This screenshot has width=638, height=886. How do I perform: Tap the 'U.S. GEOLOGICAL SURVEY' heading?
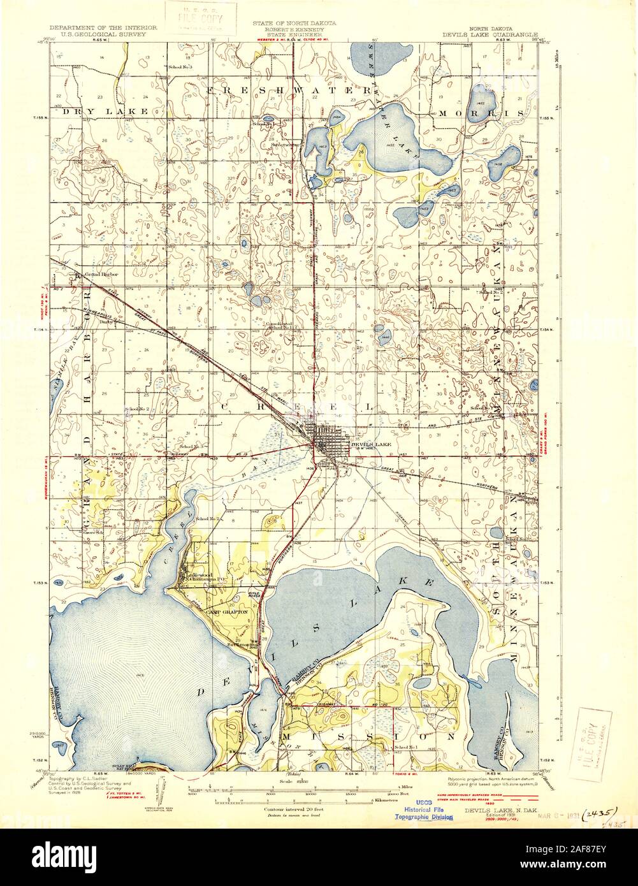pyautogui.click(x=98, y=36)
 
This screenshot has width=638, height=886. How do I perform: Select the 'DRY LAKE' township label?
pyautogui.click(x=105, y=112)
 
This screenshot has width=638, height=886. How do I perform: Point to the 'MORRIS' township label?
pyautogui.click(x=496, y=112)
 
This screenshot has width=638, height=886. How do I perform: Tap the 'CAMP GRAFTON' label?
pyautogui.click(x=226, y=611)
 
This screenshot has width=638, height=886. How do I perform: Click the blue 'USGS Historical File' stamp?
pyautogui.click(x=424, y=809)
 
